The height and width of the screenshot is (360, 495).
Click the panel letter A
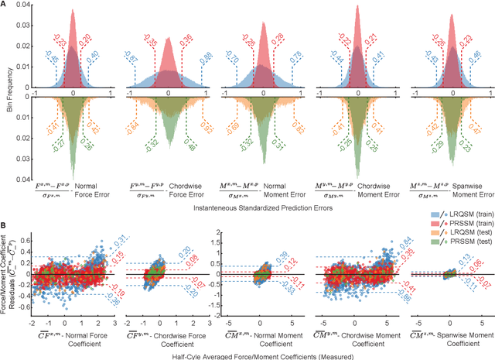pos(5,5)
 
